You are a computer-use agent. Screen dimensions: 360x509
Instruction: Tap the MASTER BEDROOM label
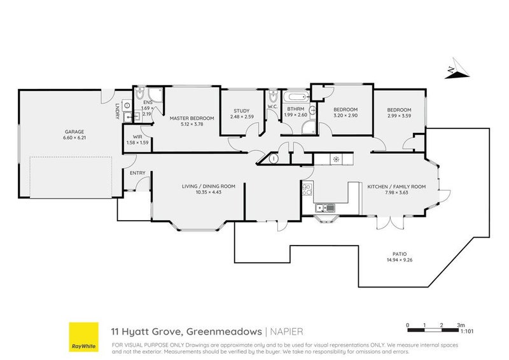pos(192,118)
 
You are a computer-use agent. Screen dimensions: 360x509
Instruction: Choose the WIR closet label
pos(137,136)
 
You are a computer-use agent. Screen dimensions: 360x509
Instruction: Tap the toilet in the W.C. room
pos(272,97)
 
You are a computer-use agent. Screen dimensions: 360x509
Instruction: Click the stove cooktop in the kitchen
pos(307,188)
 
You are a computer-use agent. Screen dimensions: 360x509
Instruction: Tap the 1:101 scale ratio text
pos(467,331)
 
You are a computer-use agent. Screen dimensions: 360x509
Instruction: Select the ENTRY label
pos(137,173)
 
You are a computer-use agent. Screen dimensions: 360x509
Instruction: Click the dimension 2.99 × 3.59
pos(399,116)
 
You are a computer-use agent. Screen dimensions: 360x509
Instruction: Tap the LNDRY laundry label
pos(117,112)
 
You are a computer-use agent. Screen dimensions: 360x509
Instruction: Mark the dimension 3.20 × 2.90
pos(347,116)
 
